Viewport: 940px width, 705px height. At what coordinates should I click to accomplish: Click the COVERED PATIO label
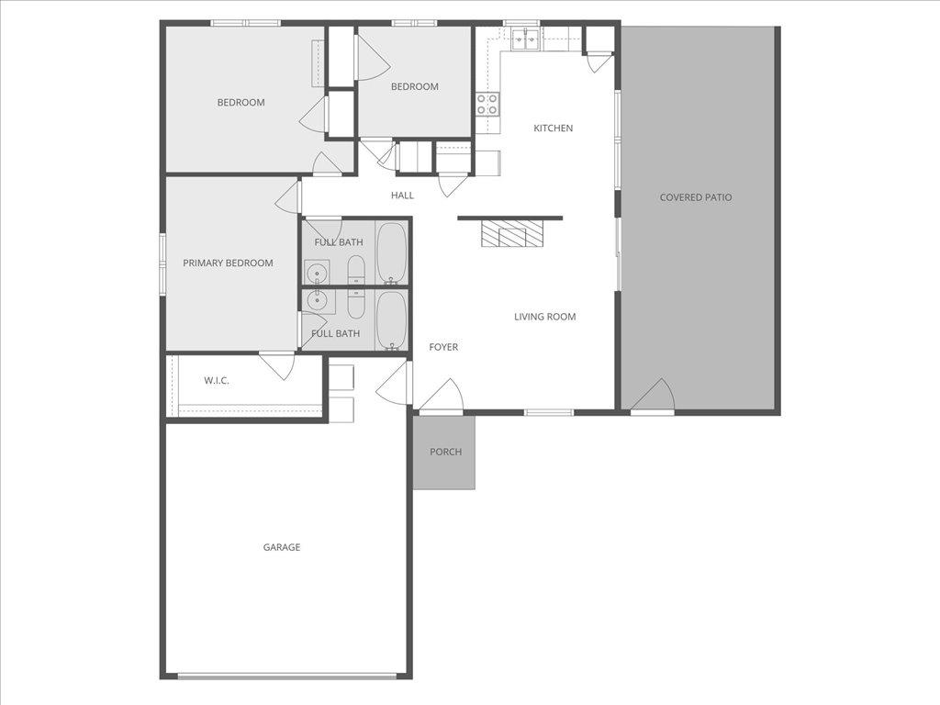(x=696, y=197)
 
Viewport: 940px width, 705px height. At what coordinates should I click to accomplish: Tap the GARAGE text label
(x=282, y=547)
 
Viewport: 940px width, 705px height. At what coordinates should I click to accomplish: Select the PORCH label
(x=445, y=452)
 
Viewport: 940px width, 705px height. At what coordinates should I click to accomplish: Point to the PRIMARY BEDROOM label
(x=228, y=263)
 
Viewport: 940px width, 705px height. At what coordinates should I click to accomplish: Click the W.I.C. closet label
(x=217, y=380)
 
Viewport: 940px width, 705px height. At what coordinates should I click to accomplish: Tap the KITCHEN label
(x=553, y=129)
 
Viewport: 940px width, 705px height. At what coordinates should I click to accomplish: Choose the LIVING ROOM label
(x=544, y=317)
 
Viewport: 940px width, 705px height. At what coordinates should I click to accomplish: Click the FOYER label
(x=443, y=347)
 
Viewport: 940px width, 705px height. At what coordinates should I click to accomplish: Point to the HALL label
(x=402, y=196)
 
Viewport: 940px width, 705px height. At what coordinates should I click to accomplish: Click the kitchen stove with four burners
(x=487, y=104)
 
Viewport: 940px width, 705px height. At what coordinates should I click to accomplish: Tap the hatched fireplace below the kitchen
(x=512, y=235)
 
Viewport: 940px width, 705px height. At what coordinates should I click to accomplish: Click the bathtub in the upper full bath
(x=391, y=252)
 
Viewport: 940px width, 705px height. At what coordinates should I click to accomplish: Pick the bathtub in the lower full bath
(x=391, y=319)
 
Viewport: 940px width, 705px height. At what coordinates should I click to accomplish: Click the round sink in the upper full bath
(x=318, y=272)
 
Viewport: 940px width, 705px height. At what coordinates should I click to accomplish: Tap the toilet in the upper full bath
(x=356, y=270)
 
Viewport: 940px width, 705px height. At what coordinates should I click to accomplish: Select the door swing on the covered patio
(x=654, y=397)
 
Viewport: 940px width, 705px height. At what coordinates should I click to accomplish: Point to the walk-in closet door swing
(x=277, y=364)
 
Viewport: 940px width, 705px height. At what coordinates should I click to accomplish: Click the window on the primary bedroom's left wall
(x=162, y=263)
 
